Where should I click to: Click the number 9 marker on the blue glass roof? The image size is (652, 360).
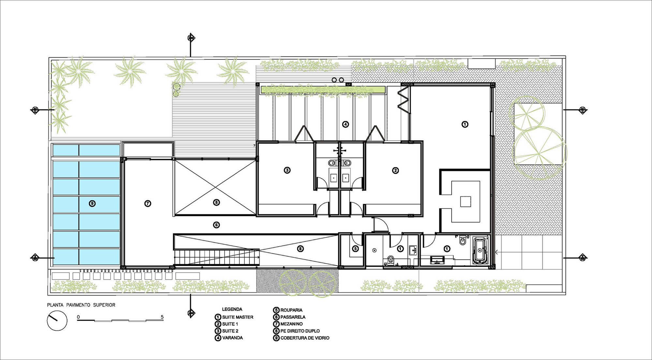(x=92, y=204)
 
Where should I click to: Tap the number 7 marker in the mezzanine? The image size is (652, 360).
(x=148, y=204)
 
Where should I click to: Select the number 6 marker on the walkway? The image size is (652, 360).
(x=216, y=225)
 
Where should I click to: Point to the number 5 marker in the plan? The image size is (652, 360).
(x=355, y=249)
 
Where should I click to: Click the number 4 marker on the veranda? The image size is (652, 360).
(x=346, y=124)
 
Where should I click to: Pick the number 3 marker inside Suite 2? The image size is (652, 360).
(x=287, y=170)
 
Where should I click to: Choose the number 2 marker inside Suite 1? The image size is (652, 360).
(x=395, y=170)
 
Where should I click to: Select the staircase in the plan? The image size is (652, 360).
(x=217, y=257)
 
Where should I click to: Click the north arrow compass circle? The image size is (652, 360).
(x=57, y=321)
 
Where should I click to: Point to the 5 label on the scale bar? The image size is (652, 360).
(x=162, y=317)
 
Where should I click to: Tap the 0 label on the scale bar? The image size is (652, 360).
(x=78, y=317)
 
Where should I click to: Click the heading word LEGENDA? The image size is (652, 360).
(x=232, y=309)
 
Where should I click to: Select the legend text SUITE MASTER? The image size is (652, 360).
(x=238, y=317)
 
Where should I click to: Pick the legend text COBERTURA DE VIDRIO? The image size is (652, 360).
(x=305, y=338)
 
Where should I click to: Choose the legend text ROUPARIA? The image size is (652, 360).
(x=291, y=310)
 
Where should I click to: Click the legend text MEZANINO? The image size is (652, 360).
(x=291, y=324)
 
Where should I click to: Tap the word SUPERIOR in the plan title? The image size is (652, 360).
(x=104, y=305)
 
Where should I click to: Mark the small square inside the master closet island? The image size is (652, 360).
(x=466, y=202)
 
